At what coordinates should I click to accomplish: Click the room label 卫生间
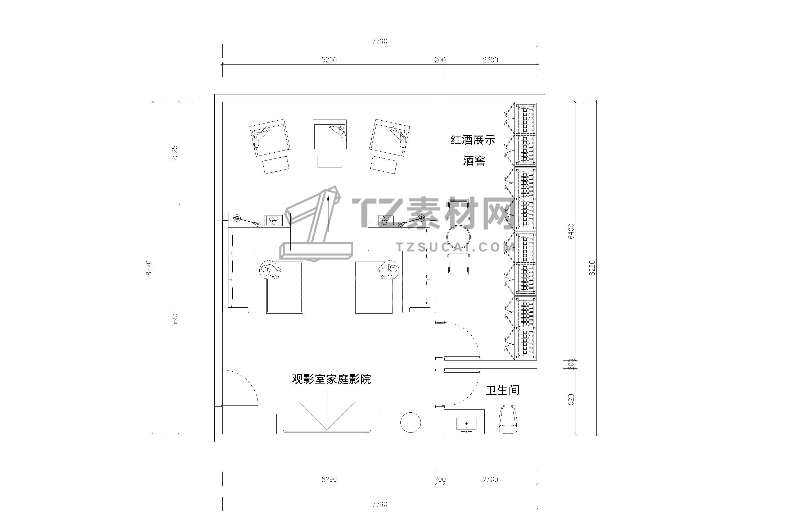tap(502, 390)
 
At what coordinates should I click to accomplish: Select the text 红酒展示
tap(473, 140)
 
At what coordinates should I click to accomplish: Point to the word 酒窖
tap(474, 161)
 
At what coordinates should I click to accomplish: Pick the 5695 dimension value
tap(174, 318)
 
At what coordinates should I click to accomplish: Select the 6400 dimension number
tap(571, 231)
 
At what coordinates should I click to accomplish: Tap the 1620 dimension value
tap(571, 401)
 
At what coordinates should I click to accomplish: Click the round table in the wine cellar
tap(458, 238)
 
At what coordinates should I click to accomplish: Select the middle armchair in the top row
tap(330, 134)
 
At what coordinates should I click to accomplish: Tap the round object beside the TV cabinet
tap(410, 422)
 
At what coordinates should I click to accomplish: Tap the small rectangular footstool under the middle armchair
tap(330, 161)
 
